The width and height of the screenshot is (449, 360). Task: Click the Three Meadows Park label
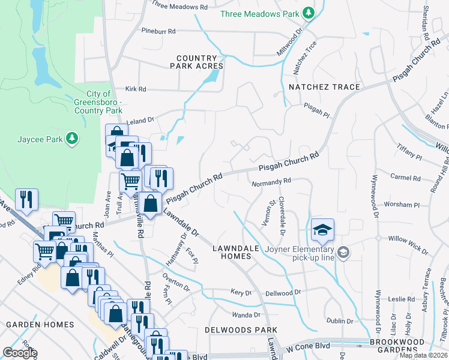259,13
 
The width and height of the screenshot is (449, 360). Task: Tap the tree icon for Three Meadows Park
308,13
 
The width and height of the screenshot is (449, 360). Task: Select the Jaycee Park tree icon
72,139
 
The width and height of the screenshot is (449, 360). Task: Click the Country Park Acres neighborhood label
196,62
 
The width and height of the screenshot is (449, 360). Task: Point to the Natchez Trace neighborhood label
324,87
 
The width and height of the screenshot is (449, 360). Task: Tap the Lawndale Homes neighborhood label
231,252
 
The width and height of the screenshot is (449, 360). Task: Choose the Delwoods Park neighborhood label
240,330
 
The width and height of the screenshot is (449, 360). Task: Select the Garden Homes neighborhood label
40,325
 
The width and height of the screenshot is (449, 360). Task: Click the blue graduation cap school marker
322,230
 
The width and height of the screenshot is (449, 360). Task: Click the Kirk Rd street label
136,89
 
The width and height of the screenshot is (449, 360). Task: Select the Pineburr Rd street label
158,31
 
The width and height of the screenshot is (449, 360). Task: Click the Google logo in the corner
20,353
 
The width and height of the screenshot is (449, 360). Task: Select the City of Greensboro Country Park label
98,102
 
